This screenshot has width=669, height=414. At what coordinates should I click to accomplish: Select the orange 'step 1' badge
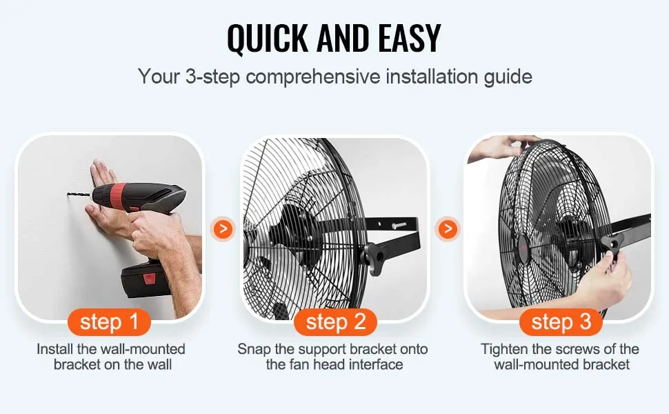click(x=110, y=322)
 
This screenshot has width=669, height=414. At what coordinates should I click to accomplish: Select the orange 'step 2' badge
click(x=335, y=322)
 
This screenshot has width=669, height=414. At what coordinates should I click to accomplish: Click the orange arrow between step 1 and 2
click(x=222, y=228)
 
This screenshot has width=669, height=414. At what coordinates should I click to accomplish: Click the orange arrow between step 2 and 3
click(x=448, y=228)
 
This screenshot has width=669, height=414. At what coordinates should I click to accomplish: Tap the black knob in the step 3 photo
click(x=612, y=243)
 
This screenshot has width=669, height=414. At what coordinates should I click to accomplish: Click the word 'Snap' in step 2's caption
click(x=254, y=348)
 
